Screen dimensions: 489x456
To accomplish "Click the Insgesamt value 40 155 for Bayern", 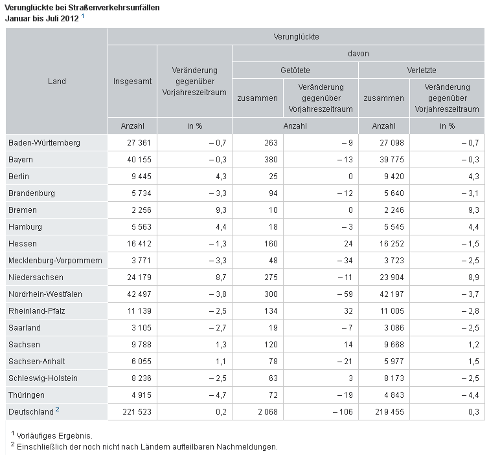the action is coord(139,160).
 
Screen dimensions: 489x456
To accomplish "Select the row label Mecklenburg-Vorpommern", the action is coord(55,261).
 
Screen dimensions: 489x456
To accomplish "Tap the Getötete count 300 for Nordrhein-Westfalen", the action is coord(271,294).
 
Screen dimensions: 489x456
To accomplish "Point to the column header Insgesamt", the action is coord(132,81).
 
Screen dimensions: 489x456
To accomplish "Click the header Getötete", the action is coord(295,71).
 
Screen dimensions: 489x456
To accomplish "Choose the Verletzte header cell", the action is coord(422,71).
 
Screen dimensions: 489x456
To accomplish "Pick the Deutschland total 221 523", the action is coord(137,412).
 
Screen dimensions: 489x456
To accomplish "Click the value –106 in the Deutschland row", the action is coord(343,412).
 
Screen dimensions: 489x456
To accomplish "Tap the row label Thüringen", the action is coord(27,395).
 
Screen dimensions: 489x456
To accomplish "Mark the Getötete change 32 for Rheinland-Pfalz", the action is coord(348,311).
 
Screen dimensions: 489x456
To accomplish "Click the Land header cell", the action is coord(57,81).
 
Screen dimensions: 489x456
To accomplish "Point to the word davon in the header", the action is coord(358,54).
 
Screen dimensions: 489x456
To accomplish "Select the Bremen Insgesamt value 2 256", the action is coord(141,210).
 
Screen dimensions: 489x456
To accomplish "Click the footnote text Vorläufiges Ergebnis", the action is coord(54,436).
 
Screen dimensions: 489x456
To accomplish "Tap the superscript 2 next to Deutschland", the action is coord(58,409).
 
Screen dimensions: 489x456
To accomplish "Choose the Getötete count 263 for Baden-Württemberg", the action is coord(271,143).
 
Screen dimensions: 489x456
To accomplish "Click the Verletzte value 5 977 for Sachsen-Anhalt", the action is coord(394,362).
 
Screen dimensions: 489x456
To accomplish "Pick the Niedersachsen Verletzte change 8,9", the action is coord(473,277).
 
